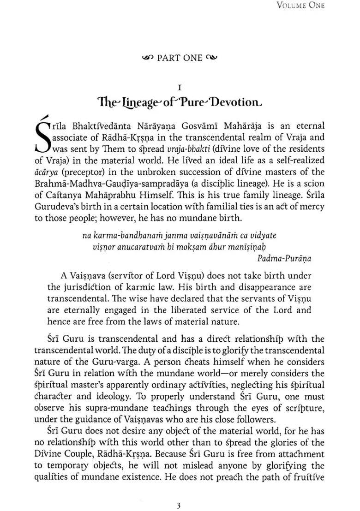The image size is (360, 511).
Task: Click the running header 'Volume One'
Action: coord(300,5)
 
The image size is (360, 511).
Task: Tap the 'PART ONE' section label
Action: coord(180,58)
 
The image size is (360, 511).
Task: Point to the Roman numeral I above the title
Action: coord(180,87)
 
